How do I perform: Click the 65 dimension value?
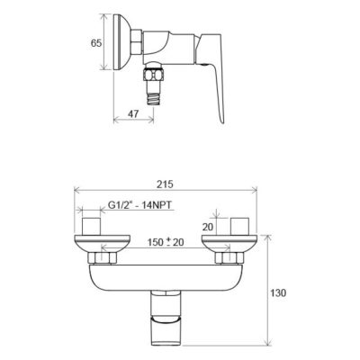pyautogui.click(x=96, y=43)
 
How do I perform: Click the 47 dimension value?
pyautogui.click(x=133, y=113)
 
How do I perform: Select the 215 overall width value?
pyautogui.click(x=165, y=184)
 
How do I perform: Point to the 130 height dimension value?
pyautogui.click(x=279, y=292)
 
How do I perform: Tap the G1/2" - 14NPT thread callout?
pyautogui.click(x=139, y=205)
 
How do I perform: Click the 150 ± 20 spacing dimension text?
pyautogui.click(x=166, y=242)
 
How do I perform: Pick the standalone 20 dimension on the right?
pyautogui.click(x=207, y=227)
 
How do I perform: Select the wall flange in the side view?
pyautogui.click(x=121, y=42)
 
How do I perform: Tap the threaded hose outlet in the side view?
pyautogui.click(x=154, y=94)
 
